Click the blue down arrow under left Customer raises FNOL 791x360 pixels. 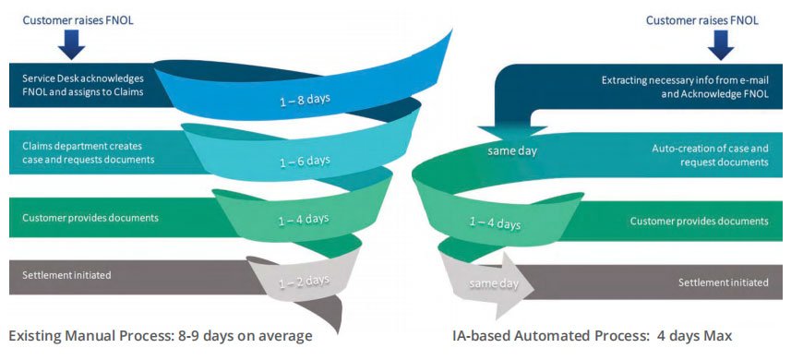71,44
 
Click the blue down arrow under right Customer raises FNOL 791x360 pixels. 721,45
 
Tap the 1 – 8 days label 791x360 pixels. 306,99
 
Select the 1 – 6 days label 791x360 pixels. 306,162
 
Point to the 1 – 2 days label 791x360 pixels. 305,281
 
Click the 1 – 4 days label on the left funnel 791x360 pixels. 304,220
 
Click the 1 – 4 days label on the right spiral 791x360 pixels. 495,222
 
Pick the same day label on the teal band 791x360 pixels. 512,150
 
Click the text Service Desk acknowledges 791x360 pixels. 83,78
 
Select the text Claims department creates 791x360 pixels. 82,146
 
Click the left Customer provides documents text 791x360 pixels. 90,218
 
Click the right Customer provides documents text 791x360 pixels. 700,222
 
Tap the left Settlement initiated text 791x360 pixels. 66,275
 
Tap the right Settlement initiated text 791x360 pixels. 724,282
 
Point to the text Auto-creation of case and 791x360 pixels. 711,149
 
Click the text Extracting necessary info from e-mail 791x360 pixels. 685,80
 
